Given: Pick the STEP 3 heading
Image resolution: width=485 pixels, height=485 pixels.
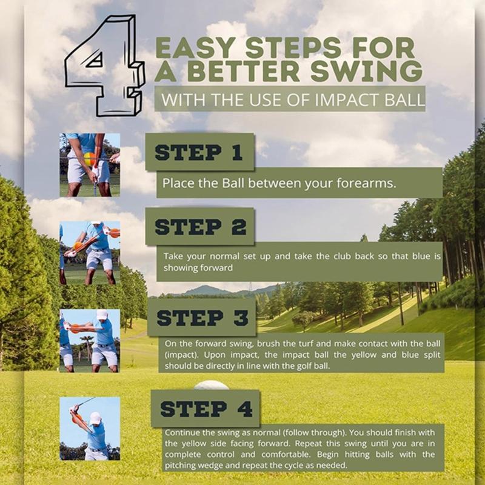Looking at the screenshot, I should (202, 316).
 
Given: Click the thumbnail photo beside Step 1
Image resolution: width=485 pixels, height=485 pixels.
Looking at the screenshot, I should (89, 165).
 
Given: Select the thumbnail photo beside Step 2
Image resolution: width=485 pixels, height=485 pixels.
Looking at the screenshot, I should (89, 253).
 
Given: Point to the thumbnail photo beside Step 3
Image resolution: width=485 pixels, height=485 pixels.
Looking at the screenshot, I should (89, 341).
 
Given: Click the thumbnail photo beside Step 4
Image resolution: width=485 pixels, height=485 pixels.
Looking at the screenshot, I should (89, 429).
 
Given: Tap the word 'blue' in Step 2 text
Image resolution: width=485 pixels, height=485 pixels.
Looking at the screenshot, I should (420, 256).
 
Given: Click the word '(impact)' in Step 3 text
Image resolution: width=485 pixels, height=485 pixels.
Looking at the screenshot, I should (181, 354).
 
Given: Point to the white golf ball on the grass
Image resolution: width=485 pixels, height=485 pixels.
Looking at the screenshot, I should (211, 385).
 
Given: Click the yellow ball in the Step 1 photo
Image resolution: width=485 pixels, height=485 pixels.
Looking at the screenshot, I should (90, 160).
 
